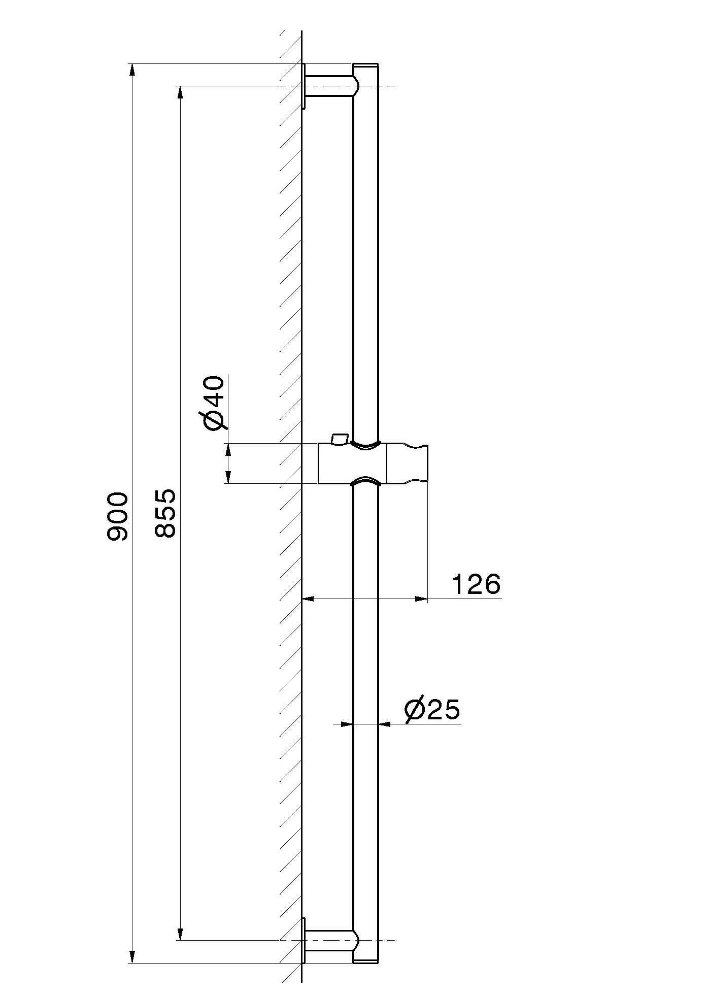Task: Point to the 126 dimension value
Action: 476,584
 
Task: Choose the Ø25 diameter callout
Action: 432,709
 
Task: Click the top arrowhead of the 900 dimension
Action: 132,70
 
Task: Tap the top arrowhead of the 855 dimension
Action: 180,92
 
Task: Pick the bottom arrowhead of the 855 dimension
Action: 180,934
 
